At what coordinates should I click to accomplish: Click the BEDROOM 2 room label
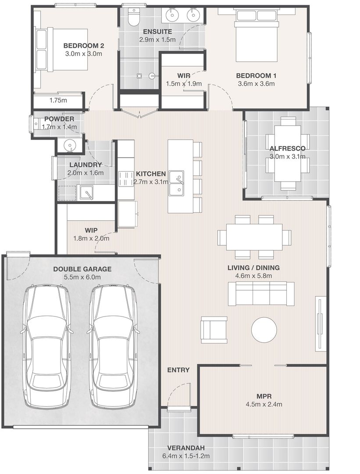84,46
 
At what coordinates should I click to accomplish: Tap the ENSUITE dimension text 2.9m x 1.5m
157,39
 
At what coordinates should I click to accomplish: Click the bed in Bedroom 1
257,36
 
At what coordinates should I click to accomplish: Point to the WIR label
184,75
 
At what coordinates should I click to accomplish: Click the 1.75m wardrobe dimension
58,101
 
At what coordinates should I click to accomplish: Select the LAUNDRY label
86,165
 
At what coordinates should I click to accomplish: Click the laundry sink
86,193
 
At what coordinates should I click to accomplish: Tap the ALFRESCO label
287,148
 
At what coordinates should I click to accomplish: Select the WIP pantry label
91,230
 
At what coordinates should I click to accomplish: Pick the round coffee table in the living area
264,330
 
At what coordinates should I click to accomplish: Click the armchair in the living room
214,330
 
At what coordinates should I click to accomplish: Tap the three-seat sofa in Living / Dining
261,294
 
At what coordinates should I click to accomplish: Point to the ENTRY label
178,370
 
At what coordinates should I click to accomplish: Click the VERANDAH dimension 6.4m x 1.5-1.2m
186,456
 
